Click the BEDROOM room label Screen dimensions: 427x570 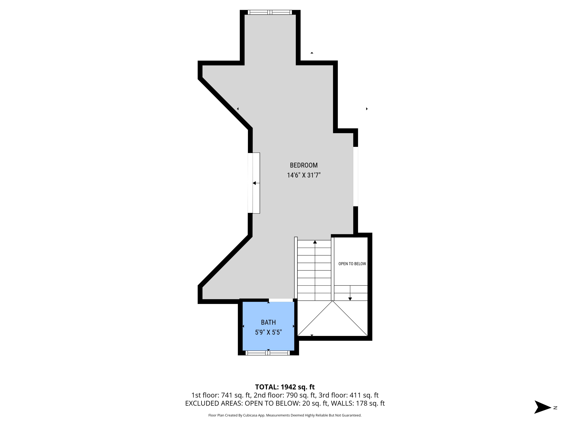point(304,165)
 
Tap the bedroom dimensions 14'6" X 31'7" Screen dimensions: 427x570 point(304,175)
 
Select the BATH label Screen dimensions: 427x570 point(268,322)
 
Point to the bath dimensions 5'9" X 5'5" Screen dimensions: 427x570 point(268,332)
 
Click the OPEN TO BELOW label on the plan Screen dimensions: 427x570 point(352,264)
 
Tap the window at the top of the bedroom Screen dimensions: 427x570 point(270,12)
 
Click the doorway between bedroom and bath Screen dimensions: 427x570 point(281,300)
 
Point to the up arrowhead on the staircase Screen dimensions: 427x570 point(315,242)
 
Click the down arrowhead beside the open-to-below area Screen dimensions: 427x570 point(350,299)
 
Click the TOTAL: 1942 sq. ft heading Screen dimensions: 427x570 point(285,387)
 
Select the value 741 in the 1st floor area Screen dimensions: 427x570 point(227,395)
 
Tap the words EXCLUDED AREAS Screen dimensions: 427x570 point(214,403)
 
